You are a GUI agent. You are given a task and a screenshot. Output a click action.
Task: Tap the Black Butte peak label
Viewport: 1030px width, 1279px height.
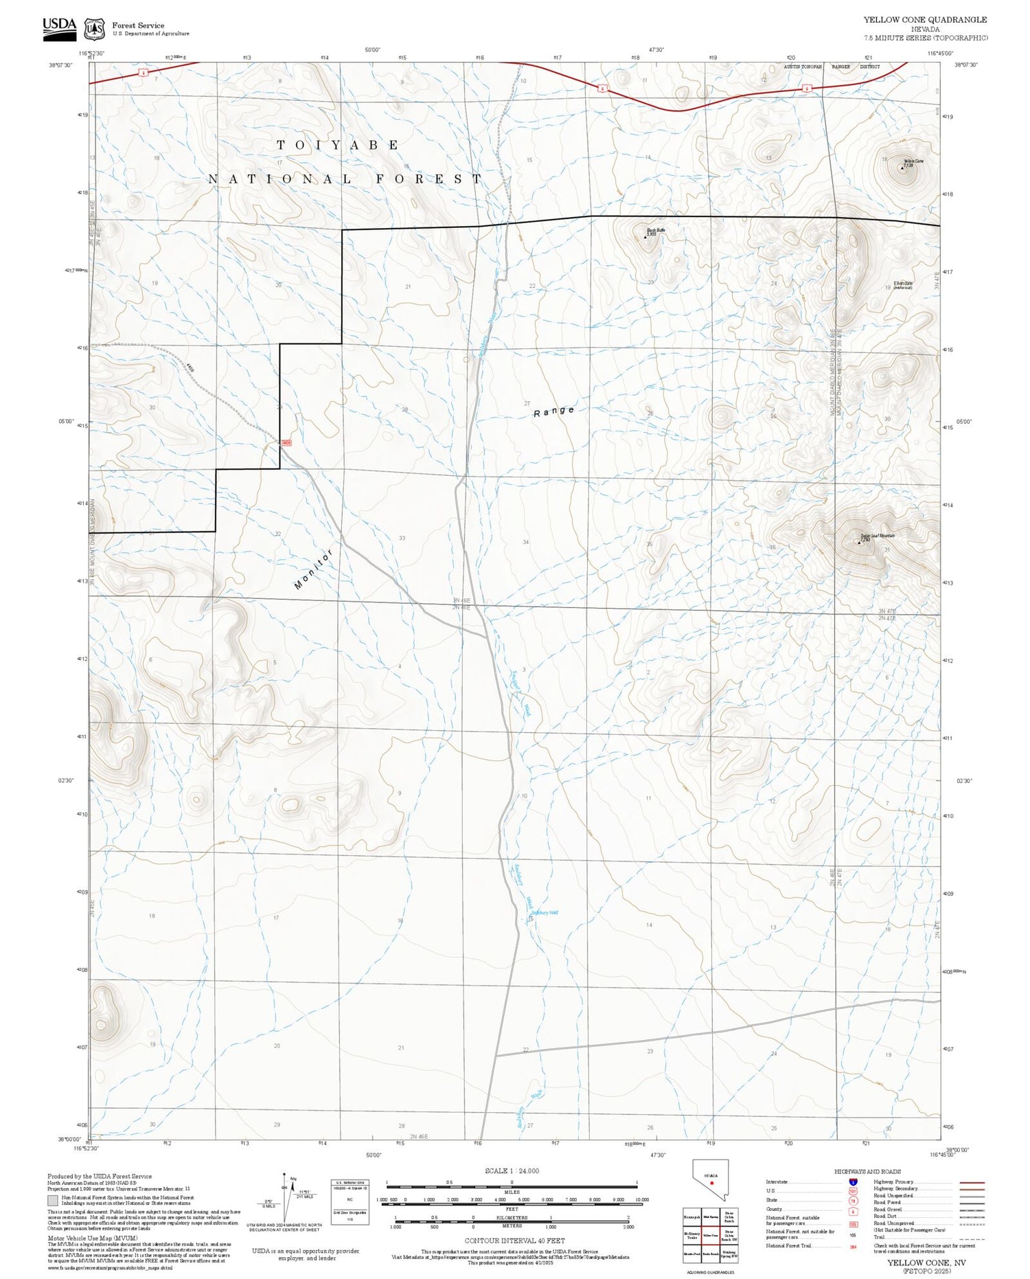pos(656,230)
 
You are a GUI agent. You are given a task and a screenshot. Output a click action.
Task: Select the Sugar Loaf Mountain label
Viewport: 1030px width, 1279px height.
pos(878,536)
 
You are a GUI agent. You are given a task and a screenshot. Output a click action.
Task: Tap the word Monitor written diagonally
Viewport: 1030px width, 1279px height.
pos(313,569)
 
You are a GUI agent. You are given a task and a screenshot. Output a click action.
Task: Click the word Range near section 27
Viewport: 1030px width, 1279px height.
pos(553,411)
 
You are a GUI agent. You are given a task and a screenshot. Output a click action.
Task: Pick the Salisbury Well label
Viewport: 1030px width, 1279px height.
pos(545,912)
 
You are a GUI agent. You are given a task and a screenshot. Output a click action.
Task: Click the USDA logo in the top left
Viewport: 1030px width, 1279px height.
pos(60,27)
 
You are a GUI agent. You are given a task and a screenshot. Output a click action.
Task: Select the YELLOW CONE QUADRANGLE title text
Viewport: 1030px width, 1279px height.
pos(925,20)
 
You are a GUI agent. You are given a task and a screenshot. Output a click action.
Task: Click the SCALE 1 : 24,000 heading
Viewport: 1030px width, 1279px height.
pos(512,1170)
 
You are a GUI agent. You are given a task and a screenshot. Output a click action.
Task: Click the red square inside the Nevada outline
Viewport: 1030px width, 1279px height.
pos(712,1183)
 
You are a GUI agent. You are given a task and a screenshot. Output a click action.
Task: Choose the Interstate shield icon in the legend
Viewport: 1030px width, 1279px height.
pos(853,1181)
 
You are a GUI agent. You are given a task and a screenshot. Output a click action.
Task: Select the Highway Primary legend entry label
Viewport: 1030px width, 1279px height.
pos(893,1181)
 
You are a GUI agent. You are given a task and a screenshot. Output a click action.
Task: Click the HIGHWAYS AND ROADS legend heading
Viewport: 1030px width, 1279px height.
pos(867,1171)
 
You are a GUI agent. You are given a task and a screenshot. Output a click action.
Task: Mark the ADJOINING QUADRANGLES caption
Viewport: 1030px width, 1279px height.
pos(710,1272)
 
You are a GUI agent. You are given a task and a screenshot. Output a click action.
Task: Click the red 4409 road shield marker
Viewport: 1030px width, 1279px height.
pos(286,443)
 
